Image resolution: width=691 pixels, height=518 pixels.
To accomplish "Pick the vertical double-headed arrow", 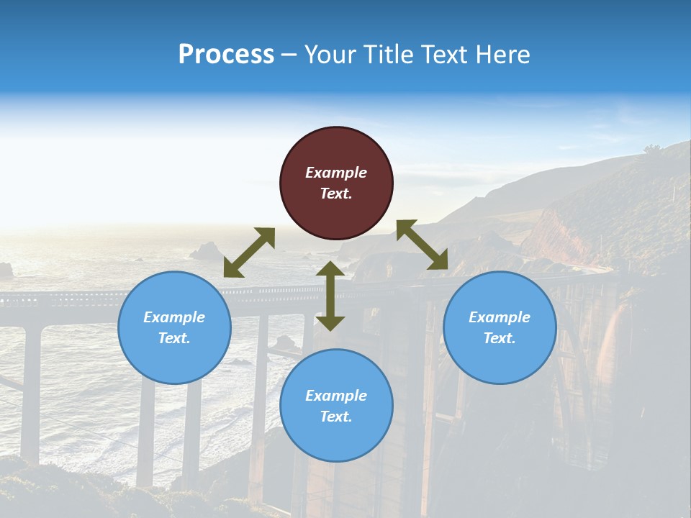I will pyautogui.click(x=330, y=296).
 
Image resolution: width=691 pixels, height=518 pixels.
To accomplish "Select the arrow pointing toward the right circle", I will pyautogui.click(x=423, y=245).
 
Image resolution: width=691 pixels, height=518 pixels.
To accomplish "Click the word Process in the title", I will pyautogui.click(x=226, y=54).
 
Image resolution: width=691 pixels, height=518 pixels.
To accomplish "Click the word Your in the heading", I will pyautogui.click(x=330, y=54).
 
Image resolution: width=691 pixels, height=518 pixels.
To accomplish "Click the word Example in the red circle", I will pyautogui.click(x=336, y=173).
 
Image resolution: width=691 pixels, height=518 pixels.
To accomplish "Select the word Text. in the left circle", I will pyautogui.click(x=174, y=338).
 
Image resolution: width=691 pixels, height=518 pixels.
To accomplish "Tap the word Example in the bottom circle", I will pyautogui.click(x=336, y=396).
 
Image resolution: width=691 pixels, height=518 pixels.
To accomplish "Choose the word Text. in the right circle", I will pyautogui.click(x=500, y=338).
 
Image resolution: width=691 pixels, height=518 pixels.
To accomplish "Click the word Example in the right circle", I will pyautogui.click(x=500, y=317).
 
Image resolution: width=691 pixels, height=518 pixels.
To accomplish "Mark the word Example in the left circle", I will pyautogui.click(x=174, y=317).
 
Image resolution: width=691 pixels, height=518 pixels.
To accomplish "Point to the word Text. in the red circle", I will pyautogui.click(x=336, y=194).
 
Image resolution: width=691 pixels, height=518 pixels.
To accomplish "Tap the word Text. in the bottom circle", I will pyautogui.click(x=336, y=417).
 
